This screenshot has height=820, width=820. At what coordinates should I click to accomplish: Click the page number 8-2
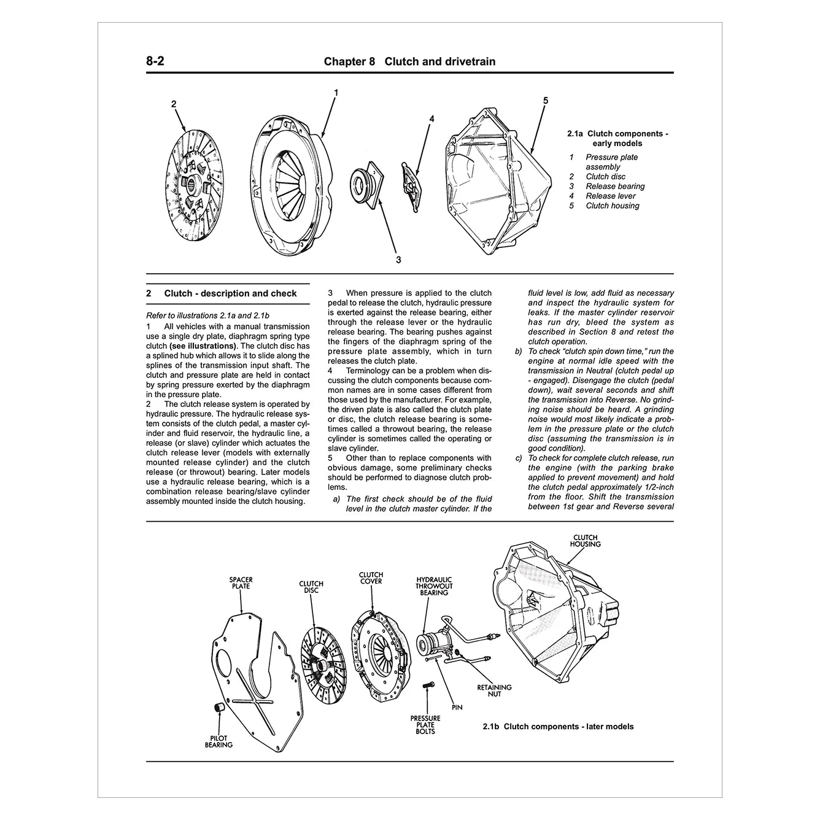(x=155, y=61)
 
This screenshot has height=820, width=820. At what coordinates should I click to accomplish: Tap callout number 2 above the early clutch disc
(x=174, y=104)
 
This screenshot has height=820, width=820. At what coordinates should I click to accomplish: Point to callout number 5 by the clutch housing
(x=545, y=101)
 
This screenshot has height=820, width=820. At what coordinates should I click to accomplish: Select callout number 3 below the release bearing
(x=398, y=260)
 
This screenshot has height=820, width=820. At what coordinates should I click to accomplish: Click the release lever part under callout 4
(x=413, y=179)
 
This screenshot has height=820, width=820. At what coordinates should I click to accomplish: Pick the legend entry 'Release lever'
(x=610, y=196)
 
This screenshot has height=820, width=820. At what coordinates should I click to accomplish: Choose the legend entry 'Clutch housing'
(x=612, y=206)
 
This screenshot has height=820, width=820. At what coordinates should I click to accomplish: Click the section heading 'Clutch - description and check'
(x=230, y=293)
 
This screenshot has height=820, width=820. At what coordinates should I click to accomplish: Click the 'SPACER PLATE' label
(x=241, y=582)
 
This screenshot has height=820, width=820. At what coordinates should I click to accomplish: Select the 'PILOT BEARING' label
(x=219, y=741)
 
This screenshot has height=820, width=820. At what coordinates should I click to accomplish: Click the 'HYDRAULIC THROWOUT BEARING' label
(x=434, y=586)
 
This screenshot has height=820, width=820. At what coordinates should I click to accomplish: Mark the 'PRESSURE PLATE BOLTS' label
(x=425, y=724)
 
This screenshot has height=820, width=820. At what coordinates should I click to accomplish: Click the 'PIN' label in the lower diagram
(x=456, y=707)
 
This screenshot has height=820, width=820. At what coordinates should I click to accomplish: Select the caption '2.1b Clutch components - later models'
(x=557, y=727)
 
